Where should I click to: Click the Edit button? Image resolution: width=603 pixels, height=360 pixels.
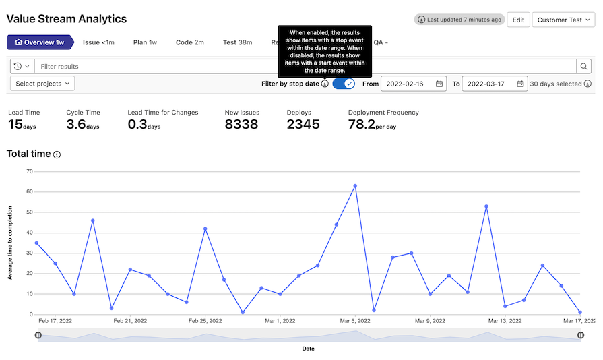pos(518,20)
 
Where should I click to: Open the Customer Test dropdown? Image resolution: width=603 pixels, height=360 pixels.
pos(563,20)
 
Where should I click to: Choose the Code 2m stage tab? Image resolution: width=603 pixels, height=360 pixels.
pos(190,42)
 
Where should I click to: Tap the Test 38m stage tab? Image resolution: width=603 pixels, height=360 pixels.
pos(237,42)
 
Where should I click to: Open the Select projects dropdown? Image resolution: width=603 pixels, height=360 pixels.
pos(42,84)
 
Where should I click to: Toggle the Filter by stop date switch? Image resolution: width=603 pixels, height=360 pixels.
pos(344,84)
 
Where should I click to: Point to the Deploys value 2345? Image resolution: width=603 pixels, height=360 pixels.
pos(303,124)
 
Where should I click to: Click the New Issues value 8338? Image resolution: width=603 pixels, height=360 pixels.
pos(241,124)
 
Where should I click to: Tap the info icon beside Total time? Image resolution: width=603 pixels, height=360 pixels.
pos(57,154)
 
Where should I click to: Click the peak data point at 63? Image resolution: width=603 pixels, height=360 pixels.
pos(355,186)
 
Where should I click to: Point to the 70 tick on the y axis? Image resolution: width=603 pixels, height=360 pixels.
pos(29,171)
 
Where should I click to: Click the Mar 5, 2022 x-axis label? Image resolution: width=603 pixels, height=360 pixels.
pos(355,321)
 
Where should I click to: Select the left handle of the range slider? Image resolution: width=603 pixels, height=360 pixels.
pos(38,335)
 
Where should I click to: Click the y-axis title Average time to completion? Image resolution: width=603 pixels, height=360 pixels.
pos(10,243)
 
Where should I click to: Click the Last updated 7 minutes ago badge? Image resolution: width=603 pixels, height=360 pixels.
pos(459,20)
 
